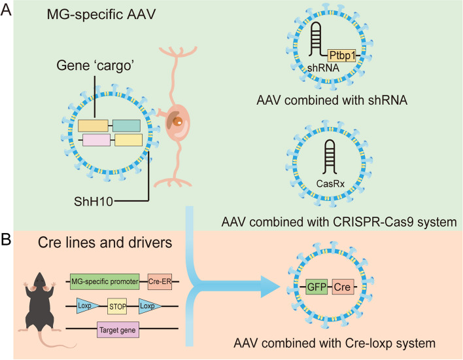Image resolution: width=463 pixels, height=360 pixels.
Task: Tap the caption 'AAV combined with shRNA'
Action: click(330, 101)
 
